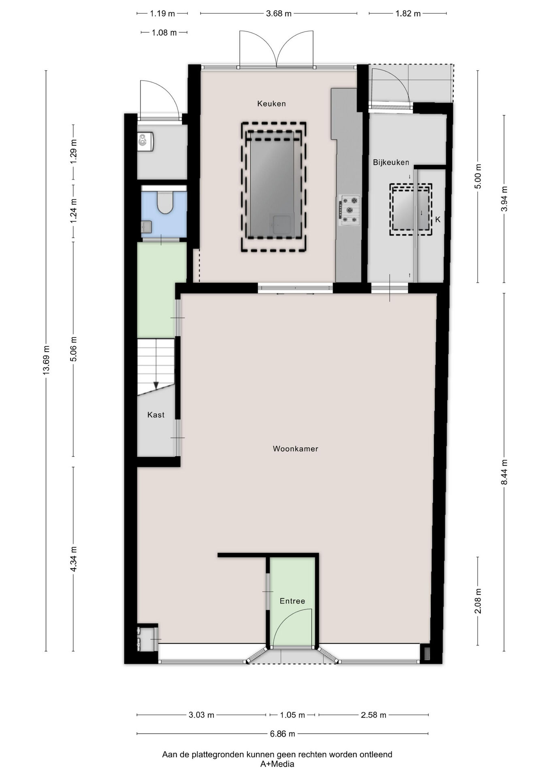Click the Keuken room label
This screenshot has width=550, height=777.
(x=271, y=104)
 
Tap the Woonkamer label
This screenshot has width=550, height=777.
(x=295, y=448)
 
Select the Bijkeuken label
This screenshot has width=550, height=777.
(x=391, y=163)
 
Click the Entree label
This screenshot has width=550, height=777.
(x=292, y=601)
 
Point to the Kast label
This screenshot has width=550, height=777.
(x=156, y=415)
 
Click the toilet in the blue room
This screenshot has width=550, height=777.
(x=165, y=202)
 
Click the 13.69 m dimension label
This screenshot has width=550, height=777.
(x=46, y=360)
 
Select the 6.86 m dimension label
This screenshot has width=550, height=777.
(x=282, y=733)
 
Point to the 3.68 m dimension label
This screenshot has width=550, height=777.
(x=279, y=14)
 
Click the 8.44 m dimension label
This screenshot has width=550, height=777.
(x=504, y=472)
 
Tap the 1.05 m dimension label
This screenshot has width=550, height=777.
(x=292, y=715)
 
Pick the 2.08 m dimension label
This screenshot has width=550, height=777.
(x=478, y=601)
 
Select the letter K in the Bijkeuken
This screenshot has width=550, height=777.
(x=438, y=219)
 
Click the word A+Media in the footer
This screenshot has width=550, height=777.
(x=277, y=764)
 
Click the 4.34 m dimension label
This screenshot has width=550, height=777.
(x=73, y=559)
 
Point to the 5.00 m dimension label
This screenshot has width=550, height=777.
(x=478, y=176)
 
